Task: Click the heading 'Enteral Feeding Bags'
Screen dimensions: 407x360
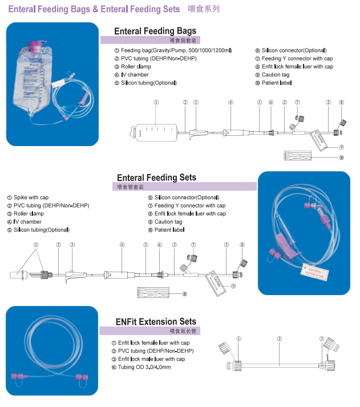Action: pos(155,31)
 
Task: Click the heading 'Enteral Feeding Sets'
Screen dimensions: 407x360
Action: pos(156,178)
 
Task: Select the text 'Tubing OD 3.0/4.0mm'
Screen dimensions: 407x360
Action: pos(145,367)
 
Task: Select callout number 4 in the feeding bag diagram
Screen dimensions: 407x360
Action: pos(230,103)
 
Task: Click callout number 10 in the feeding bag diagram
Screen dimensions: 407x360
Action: pos(341,158)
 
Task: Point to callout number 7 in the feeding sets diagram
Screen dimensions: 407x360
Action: pos(193,244)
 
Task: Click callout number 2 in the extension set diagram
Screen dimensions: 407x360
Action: pos(279,339)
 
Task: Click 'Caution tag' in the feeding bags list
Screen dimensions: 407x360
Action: pos(276,75)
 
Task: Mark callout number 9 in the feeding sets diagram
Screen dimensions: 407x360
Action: pos(233,285)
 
